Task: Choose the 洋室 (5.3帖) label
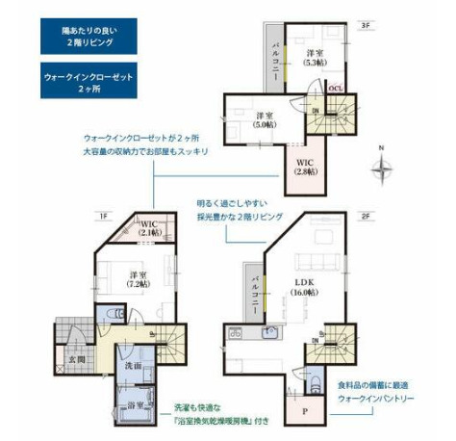(313, 59)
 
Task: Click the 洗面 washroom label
(134, 367)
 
